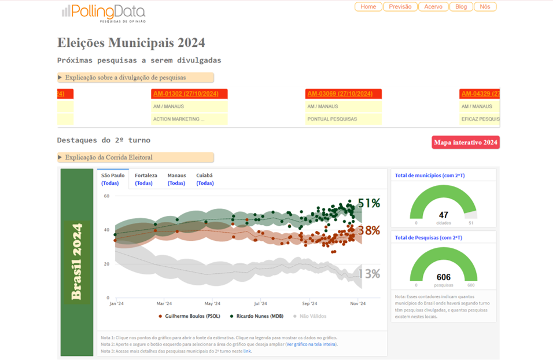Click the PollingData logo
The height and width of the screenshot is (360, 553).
pos(104,12)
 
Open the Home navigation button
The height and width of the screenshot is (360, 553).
pos(368,7)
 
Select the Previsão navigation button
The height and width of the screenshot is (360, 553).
pos(400,7)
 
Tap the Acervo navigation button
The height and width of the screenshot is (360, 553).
pos(433,7)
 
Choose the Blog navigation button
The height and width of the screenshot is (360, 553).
pos(461,7)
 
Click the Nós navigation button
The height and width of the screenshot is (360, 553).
pos(485,7)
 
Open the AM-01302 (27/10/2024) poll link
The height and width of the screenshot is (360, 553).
pos(186,94)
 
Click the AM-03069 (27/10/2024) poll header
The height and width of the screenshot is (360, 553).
pos(340,94)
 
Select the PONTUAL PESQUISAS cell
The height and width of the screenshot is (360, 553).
pos(332,119)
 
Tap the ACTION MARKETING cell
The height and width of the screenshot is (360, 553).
pos(179,119)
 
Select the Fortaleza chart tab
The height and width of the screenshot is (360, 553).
pos(146,179)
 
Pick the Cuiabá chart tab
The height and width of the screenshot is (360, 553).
pos(205,179)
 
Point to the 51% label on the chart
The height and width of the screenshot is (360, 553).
pos(368,203)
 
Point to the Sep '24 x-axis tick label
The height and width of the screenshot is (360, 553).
pos(309,304)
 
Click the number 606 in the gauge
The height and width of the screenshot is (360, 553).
pos(443,278)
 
